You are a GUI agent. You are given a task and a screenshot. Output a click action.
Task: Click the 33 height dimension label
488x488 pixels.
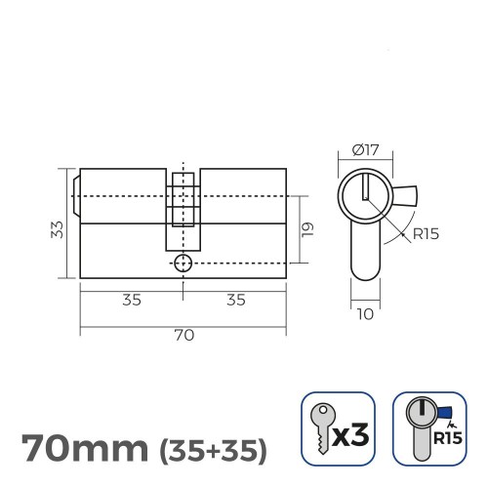click(57, 229)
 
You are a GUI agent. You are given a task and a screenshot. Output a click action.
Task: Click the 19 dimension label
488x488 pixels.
click(305, 230)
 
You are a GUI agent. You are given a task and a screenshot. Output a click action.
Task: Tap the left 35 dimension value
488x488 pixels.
click(132, 300)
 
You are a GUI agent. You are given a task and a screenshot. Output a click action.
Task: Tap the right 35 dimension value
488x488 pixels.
click(235, 300)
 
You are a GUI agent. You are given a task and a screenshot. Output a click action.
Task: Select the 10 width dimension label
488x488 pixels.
click(363, 313)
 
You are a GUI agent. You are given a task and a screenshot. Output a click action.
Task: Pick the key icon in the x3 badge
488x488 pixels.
click(321, 427)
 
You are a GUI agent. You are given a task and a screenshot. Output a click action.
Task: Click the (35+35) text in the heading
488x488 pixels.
click(212, 451)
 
